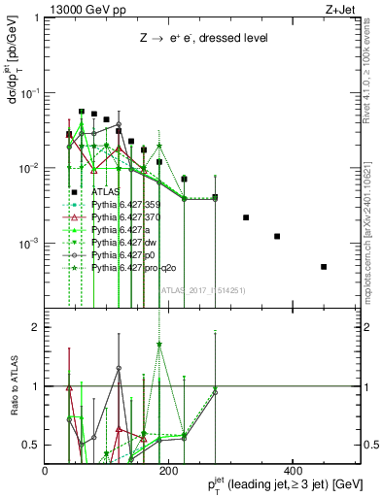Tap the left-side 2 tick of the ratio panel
pyautogui.click(x=37, y=327)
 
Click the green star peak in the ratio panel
pyautogui.click(x=159, y=344)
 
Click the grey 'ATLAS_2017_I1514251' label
pyautogui.click(x=203, y=289)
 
